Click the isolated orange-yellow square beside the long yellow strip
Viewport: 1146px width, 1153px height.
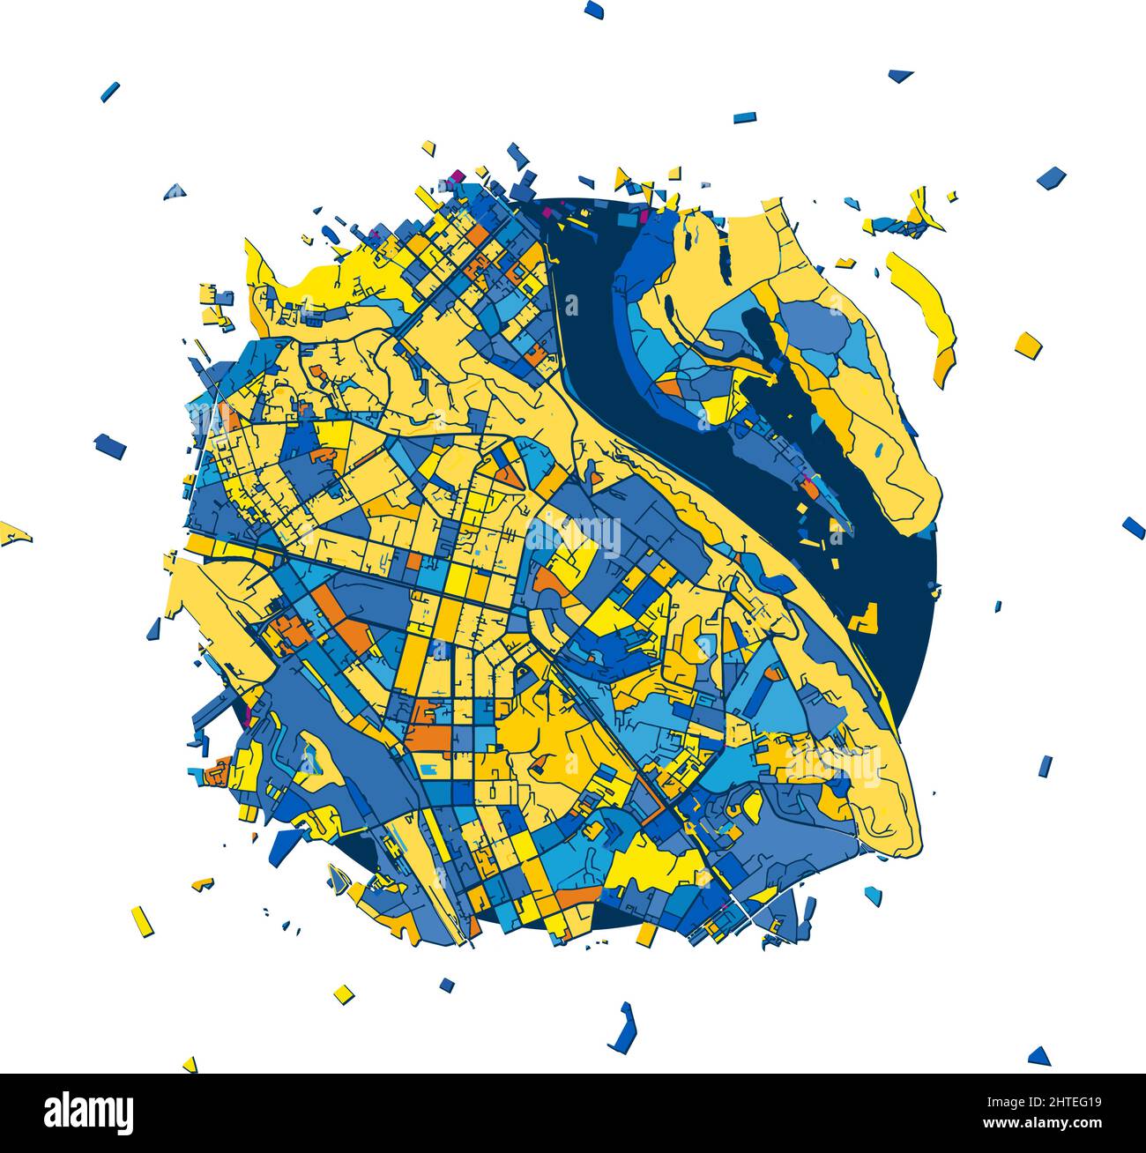1028,344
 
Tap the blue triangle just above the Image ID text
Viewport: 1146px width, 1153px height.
1040,1055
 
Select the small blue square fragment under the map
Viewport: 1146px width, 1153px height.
447,984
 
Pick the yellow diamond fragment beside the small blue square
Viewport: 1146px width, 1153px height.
344,993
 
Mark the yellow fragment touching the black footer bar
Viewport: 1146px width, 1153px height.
190,1064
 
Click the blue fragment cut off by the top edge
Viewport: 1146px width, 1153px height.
593,9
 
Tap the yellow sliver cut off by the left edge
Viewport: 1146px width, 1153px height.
14,533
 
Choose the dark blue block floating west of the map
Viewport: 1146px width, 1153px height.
110,445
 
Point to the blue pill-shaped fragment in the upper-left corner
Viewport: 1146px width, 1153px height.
110,92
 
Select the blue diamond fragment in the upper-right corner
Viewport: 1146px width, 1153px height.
1051,177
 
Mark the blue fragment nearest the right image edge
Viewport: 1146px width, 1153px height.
1133,527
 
